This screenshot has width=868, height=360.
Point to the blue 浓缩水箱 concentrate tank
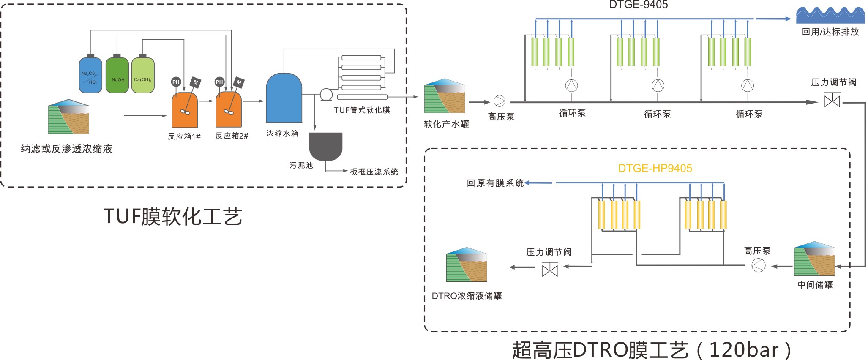[284, 98]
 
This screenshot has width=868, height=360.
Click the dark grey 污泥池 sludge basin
[325, 146]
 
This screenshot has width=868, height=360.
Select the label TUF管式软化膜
[362, 110]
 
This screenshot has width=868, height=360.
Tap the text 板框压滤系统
[374, 172]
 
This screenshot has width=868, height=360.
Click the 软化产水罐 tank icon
[445, 96]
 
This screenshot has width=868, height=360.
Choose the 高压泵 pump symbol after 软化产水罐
[500, 101]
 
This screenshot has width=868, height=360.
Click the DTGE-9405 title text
[639, 5]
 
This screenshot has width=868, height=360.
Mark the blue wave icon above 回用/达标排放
[830, 15]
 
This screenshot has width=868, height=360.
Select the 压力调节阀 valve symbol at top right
[833, 101]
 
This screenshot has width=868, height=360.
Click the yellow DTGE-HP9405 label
[655, 168]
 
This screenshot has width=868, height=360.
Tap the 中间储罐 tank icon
[814, 259]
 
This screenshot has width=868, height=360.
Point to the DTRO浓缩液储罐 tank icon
[467, 265]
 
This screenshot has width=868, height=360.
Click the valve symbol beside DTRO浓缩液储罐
[550, 269]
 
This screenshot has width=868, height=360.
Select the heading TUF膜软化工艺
[173, 216]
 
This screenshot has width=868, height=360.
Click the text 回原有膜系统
[495, 183]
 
